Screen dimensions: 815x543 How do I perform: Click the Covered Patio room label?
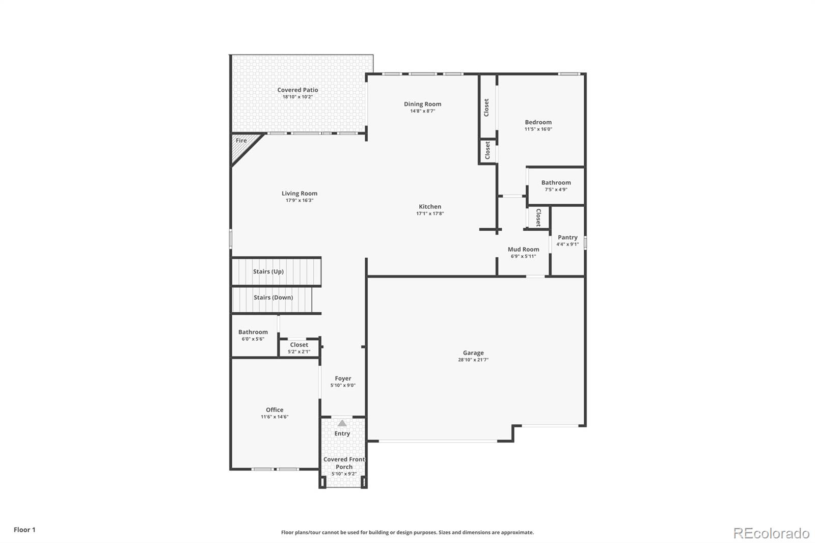[297, 90]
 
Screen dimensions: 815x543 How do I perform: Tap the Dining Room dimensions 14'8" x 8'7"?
[422, 111]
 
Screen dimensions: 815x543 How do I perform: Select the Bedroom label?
[538, 122]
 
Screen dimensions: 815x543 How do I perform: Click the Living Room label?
[300, 194]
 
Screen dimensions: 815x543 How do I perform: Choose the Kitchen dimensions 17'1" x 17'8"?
[430, 213]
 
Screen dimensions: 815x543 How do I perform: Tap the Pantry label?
[567, 237]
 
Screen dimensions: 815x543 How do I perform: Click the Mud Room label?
[524, 249]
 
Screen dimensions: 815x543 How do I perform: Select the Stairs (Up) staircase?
[277, 271]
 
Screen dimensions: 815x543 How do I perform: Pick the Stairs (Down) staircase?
[272, 300]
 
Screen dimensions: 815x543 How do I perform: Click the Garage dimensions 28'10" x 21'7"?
[473, 360]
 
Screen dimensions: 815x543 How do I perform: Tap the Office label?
[275, 410]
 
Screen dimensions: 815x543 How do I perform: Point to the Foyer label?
[343, 378]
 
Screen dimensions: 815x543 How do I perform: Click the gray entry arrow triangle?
[342, 423]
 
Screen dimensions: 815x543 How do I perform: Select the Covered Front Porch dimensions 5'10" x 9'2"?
[344, 474]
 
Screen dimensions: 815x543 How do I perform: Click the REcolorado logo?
[771, 533]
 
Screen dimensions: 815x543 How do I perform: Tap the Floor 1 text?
[25, 530]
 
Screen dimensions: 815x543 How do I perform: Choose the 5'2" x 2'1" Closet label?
[299, 345]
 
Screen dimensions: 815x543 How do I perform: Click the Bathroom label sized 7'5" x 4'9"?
[556, 183]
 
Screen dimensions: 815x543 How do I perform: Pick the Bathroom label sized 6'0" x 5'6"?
[253, 332]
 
